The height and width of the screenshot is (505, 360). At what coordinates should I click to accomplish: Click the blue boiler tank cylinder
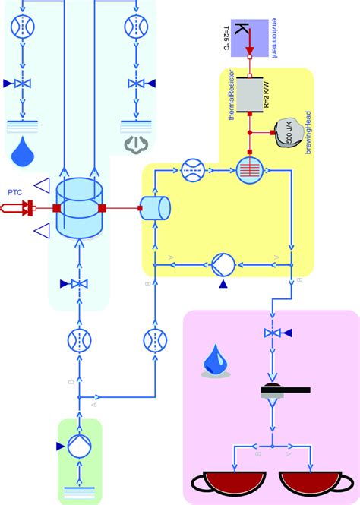[x=78, y=207]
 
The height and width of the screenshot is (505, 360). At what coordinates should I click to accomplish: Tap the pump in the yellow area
[x=223, y=264]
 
